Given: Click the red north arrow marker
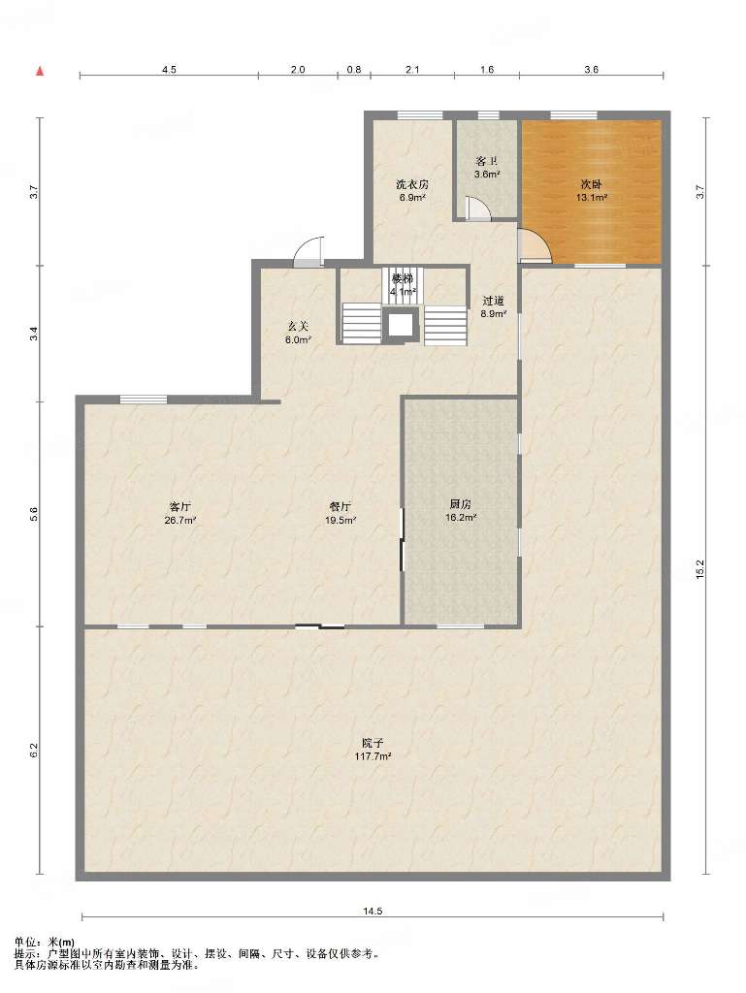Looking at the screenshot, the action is (x=40, y=71).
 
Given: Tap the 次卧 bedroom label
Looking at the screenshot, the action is (x=591, y=184).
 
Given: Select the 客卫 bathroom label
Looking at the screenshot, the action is (x=486, y=162).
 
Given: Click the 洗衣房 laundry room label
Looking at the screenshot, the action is (x=411, y=184).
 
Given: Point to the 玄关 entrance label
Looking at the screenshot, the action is (x=298, y=326).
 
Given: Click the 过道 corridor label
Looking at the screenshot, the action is (x=493, y=301).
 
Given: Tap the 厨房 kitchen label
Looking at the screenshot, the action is (x=460, y=504).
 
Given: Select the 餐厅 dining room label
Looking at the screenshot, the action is (x=341, y=506).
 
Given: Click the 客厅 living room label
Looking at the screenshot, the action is (x=179, y=506).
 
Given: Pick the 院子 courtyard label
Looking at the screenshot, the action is (x=373, y=743).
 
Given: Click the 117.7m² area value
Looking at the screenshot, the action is (x=373, y=756).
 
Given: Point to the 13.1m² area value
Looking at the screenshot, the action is (x=592, y=197).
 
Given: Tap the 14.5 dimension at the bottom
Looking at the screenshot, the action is (x=373, y=912).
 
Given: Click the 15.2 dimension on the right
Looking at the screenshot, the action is (x=699, y=568).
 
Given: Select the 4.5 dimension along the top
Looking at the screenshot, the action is (x=169, y=70).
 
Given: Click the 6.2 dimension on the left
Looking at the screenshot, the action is (x=35, y=750).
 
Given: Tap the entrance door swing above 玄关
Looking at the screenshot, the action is (x=309, y=251).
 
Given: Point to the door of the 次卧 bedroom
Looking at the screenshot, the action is (x=534, y=244).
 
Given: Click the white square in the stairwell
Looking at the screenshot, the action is (x=401, y=325).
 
